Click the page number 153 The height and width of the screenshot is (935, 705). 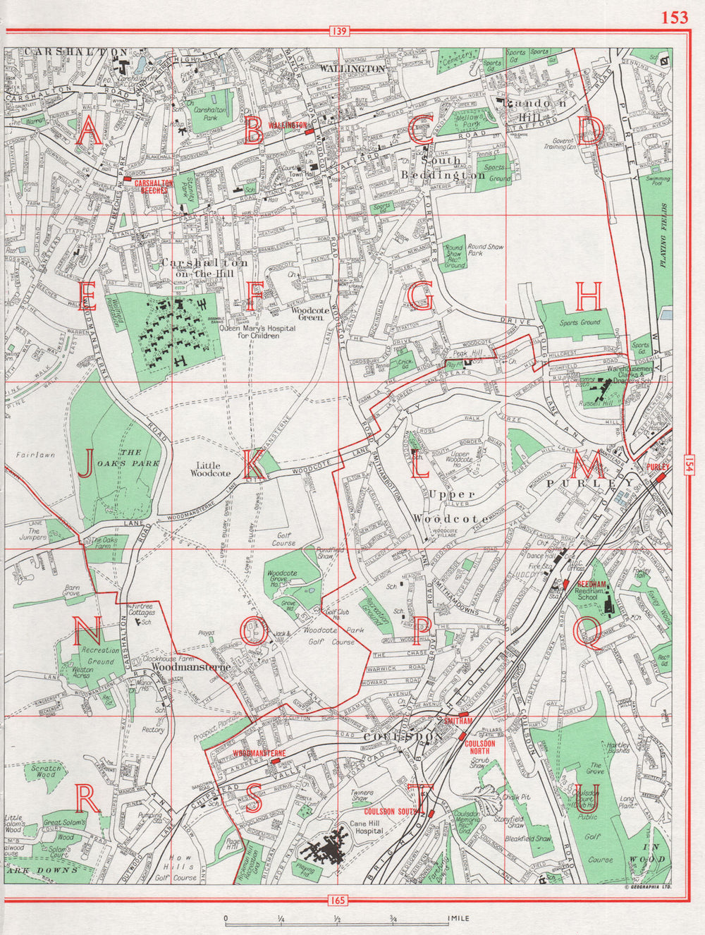[x=673, y=17]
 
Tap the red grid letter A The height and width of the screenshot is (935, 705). [x=88, y=132]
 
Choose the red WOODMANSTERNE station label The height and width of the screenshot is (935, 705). [x=259, y=753]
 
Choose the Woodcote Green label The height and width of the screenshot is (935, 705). [x=308, y=314]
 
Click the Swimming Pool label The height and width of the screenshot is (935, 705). [x=658, y=183]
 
